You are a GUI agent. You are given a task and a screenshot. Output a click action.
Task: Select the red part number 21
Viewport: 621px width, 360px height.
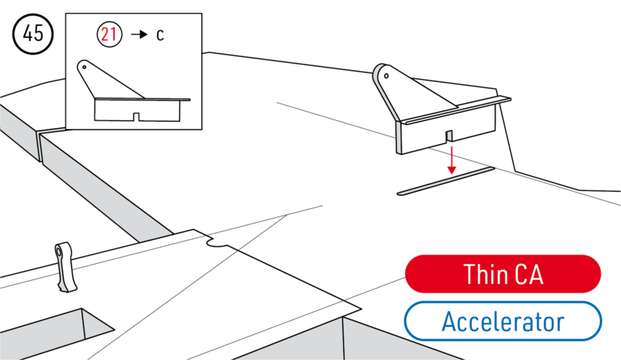[x=109, y=35]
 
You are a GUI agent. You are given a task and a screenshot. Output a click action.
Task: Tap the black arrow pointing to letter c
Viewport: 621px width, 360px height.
[x=139, y=36]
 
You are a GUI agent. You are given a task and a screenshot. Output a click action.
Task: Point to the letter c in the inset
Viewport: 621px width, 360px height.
[x=160, y=36]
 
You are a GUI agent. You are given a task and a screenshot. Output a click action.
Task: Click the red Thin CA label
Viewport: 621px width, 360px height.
[x=502, y=274]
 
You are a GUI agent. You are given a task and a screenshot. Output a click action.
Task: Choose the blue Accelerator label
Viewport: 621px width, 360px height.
[x=502, y=320]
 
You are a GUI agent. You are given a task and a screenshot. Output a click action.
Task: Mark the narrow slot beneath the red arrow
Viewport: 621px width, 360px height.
[x=446, y=179]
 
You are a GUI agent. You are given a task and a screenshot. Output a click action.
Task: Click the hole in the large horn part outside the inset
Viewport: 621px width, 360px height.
[x=383, y=75]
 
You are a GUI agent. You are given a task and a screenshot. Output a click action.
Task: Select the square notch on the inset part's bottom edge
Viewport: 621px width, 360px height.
[x=136, y=117]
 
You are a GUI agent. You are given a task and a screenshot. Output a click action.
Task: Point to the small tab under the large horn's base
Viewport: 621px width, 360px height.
[x=449, y=137]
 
